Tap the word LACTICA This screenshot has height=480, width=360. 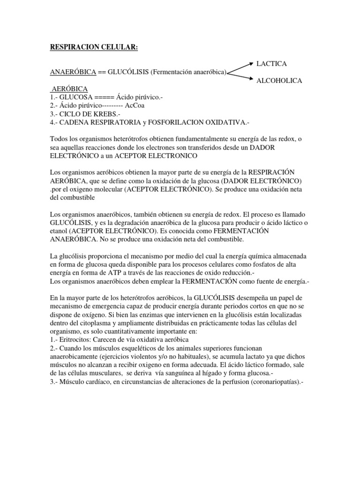pos(271,63)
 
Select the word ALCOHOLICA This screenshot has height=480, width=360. pos(279,81)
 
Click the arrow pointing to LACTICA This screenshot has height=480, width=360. pos(240,67)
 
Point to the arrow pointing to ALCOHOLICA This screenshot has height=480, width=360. pos(240,76)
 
